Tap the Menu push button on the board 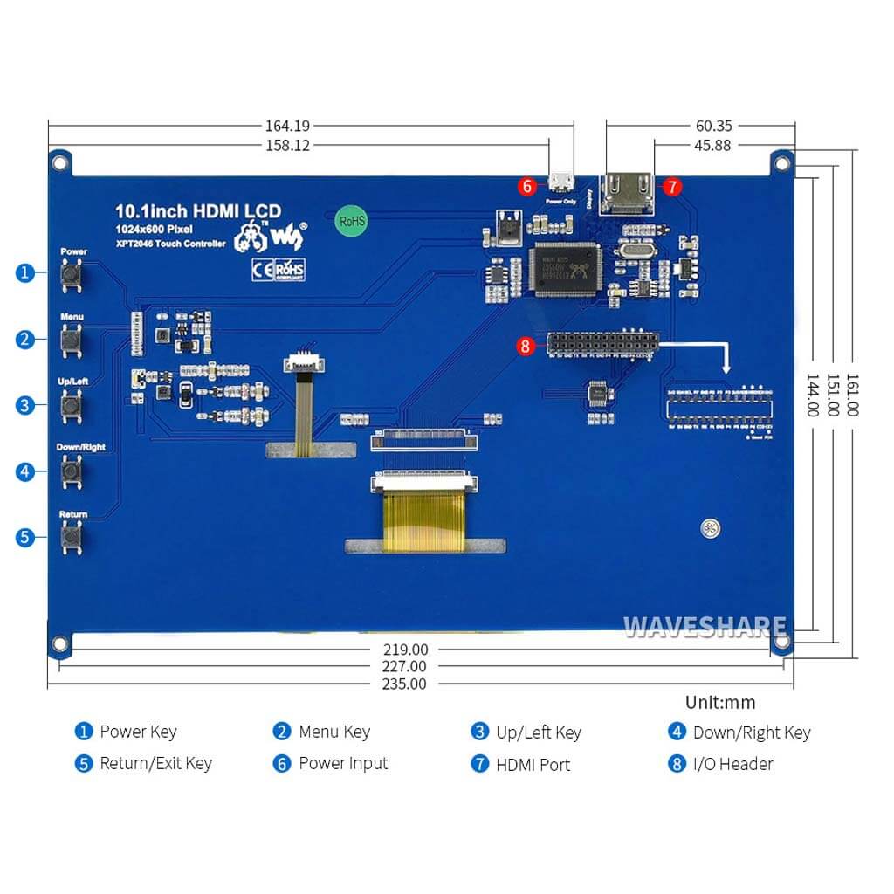(72, 340)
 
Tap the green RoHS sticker (352, 221)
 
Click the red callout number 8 (525, 346)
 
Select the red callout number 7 (671, 187)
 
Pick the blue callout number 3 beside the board (24, 405)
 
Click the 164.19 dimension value (287, 126)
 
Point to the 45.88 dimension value (712, 145)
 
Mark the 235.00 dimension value (404, 684)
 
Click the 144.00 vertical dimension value (812, 395)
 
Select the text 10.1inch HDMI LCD (199, 210)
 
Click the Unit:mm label (720, 702)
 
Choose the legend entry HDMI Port (533, 764)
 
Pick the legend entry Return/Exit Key (155, 763)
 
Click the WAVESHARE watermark (705, 627)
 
